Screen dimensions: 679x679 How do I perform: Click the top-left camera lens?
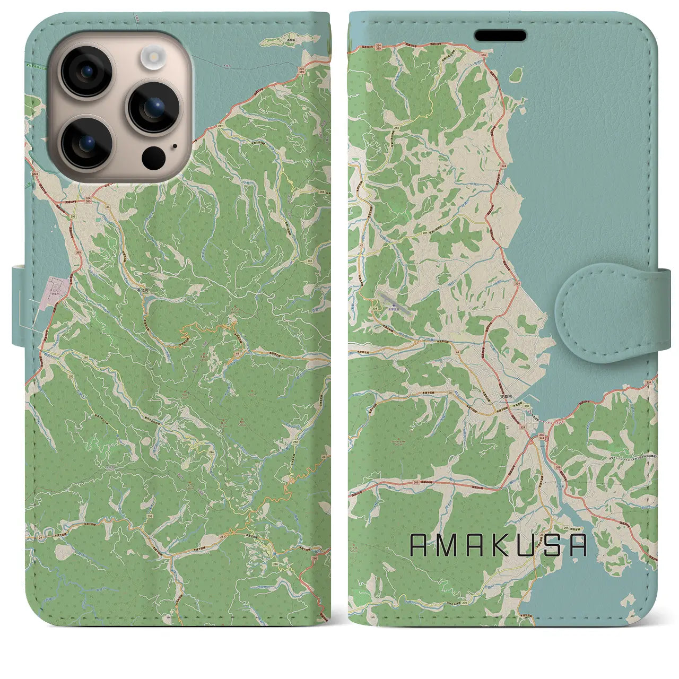[x=85, y=71]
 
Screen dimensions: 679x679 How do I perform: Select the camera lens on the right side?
[x=153, y=107]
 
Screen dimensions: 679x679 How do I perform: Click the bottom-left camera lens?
[x=85, y=142]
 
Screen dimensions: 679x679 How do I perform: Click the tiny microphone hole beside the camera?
[x=174, y=146]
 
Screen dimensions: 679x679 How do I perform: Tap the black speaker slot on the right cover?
[x=500, y=36]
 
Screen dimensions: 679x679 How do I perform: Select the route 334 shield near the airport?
[x=376, y=308]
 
